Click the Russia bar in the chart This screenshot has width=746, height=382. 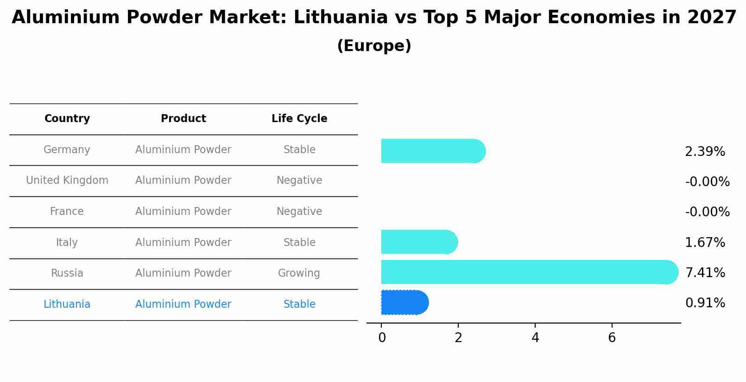point(528,272)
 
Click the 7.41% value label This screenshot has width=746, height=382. point(705,273)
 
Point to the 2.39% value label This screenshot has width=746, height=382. point(705,152)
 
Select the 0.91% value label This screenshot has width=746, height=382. point(705,303)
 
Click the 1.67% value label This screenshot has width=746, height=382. point(705,243)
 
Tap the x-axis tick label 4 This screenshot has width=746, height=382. point(535,338)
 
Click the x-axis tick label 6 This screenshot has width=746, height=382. point(612,338)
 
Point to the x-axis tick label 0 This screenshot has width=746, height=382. point(382,338)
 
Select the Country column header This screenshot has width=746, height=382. point(67,119)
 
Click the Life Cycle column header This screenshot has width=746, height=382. point(299,119)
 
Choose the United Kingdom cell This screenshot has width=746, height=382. point(67,181)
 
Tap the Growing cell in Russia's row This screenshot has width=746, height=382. point(299,273)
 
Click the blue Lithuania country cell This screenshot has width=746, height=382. point(67,304)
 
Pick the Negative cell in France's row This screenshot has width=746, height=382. point(299,212)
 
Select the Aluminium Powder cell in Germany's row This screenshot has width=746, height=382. point(183,150)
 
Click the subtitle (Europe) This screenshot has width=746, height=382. point(374,46)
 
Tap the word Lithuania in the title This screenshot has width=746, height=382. point(341,18)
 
